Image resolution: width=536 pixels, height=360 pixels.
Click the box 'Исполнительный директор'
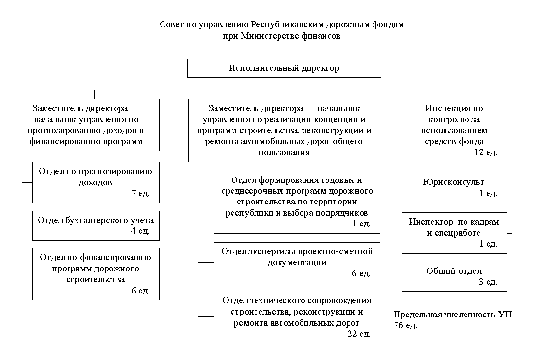tap(284, 68)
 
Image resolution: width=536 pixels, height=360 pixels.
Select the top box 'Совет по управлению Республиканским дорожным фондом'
tap(281, 30)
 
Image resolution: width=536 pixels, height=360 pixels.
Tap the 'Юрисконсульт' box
tap(454, 188)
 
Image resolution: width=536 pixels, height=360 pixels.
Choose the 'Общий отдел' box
tap(454, 277)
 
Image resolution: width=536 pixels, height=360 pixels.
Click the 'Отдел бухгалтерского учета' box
tap(96, 226)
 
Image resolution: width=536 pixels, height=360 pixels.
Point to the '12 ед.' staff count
tap(486, 152)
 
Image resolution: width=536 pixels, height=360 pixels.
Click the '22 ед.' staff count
tap(359, 334)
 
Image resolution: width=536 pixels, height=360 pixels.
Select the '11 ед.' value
tap(359, 224)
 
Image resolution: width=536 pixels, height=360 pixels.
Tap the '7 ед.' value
tap(140, 193)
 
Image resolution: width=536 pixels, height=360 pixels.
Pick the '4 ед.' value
tap(140, 231)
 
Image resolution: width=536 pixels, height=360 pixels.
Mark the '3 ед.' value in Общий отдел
tap(488, 282)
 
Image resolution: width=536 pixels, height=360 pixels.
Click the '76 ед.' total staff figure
tap(405, 325)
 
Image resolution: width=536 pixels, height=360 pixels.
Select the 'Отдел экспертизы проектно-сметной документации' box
tap(297, 263)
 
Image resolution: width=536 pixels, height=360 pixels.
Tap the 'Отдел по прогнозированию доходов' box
tap(96, 182)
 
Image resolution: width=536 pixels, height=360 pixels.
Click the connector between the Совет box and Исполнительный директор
tap(287, 52)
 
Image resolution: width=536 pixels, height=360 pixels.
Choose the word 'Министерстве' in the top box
tap(269, 36)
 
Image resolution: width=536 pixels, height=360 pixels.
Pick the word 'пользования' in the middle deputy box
tap(284, 152)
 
